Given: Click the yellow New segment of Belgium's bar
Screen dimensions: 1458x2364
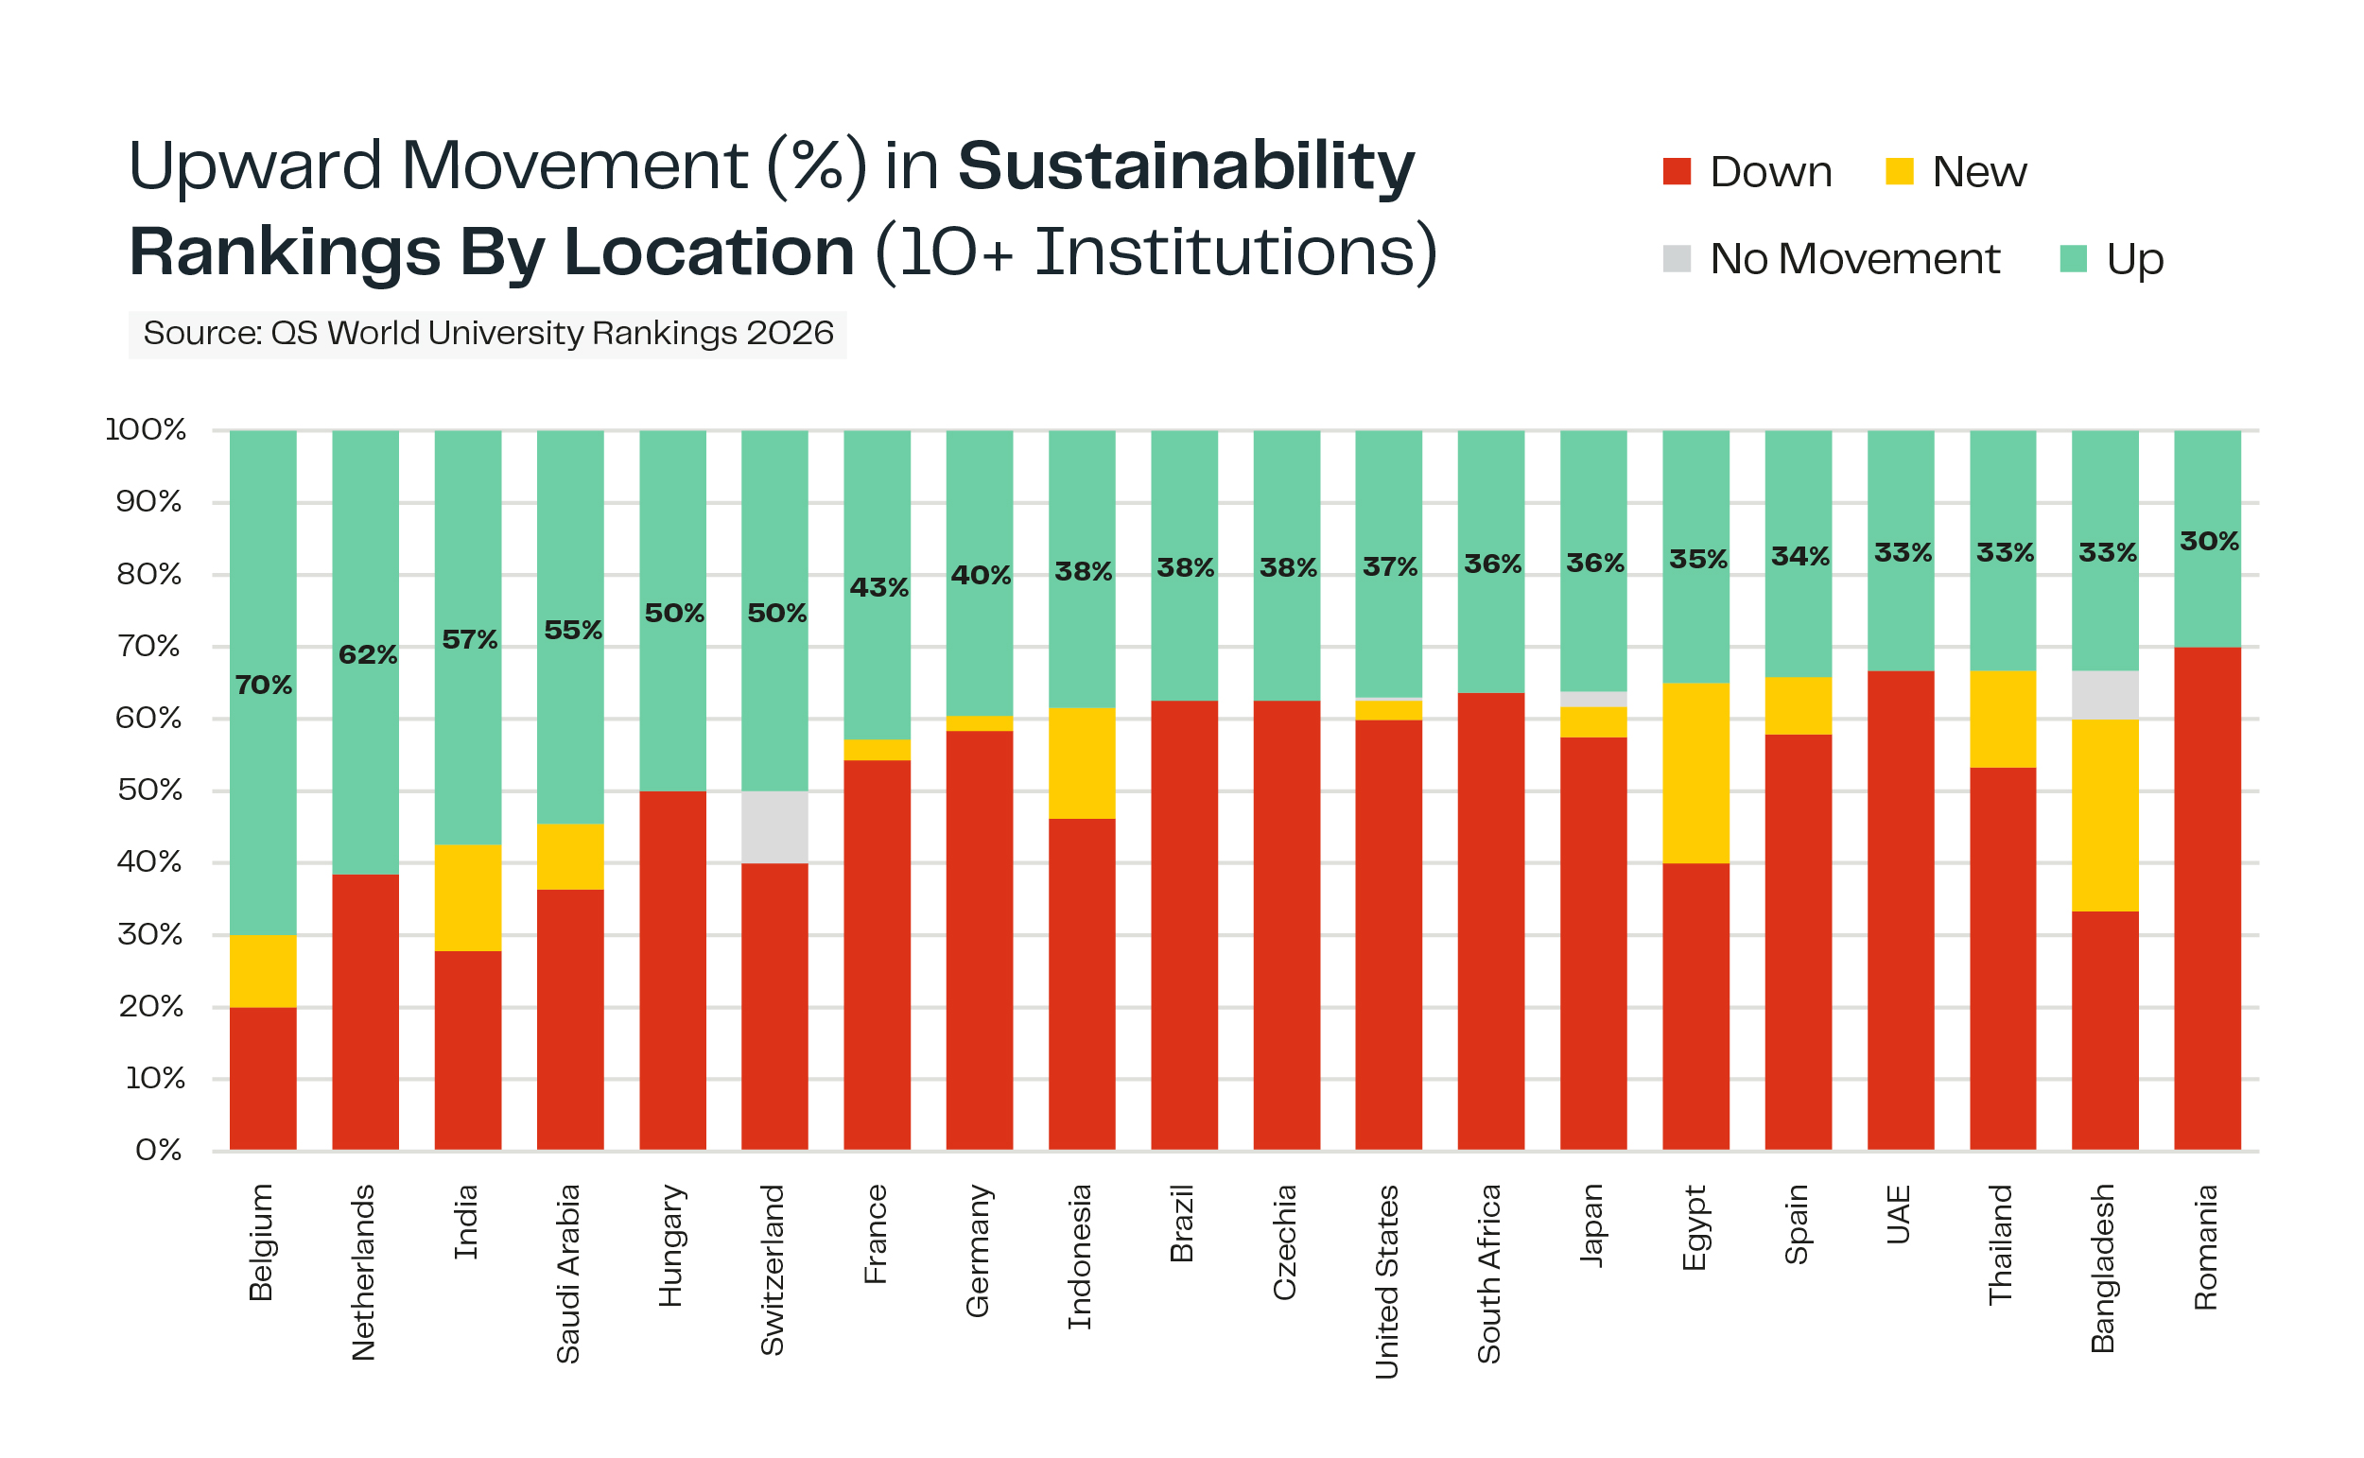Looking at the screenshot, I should click(x=263, y=971).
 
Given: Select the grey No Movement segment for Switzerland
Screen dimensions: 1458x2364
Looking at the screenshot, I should click(x=775, y=827).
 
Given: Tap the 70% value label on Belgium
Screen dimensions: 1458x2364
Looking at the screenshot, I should click(x=263, y=685).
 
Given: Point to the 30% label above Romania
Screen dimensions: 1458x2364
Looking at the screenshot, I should click(x=2209, y=541).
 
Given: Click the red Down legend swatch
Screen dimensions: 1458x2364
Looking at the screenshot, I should click(x=1677, y=172).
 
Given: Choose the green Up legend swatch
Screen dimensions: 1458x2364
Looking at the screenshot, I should click(x=2073, y=258).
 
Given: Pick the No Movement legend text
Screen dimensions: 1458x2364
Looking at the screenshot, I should click(x=1854, y=258).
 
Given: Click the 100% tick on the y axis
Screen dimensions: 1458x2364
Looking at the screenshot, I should click(x=146, y=429).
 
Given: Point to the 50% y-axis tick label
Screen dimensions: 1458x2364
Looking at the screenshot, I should click(x=149, y=790).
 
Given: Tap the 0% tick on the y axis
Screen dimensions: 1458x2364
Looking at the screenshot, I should click(x=158, y=1151).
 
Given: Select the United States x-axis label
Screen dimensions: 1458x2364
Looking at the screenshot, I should click(x=1386, y=1281).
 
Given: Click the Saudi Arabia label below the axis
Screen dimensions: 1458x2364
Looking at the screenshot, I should click(x=569, y=1274).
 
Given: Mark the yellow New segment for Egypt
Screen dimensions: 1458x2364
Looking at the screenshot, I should click(x=1695, y=773).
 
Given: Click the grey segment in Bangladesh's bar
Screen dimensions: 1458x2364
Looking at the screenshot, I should click(x=2106, y=695).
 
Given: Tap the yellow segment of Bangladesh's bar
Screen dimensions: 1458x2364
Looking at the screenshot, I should click(x=2106, y=816).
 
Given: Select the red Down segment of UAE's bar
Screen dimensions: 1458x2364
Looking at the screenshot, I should click(x=1901, y=911).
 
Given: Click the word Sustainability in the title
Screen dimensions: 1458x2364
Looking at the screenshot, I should click(x=1186, y=165).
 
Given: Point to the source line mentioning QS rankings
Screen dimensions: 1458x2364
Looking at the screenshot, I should click(x=488, y=334).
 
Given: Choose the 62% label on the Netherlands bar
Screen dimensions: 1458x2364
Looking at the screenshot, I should click(x=367, y=654).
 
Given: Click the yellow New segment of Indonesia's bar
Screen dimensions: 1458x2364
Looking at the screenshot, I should click(x=1082, y=764).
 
